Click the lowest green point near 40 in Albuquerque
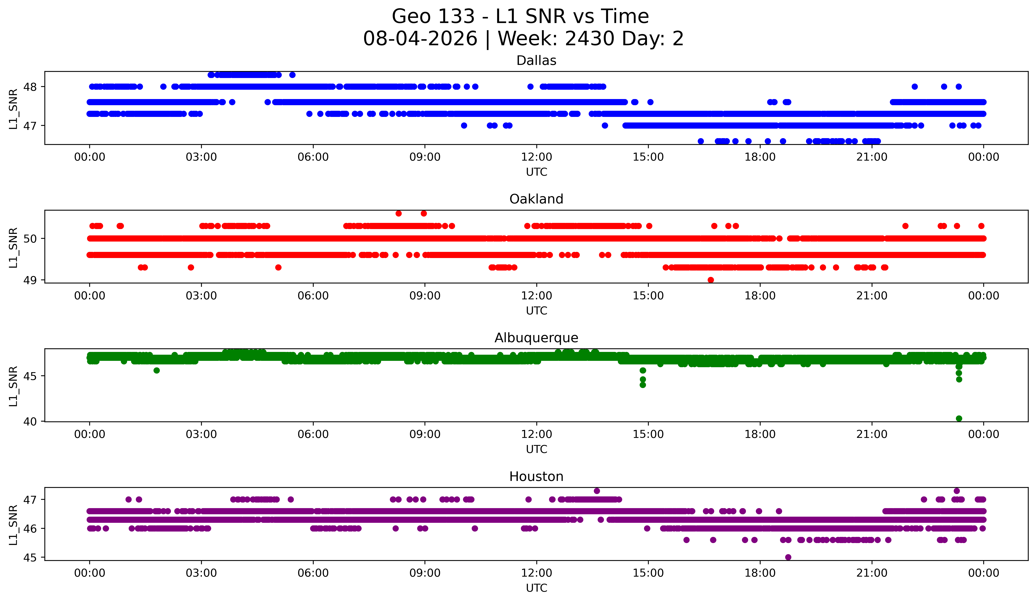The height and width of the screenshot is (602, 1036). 959,418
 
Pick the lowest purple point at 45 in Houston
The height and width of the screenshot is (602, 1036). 788,557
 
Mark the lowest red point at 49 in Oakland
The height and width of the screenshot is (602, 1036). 711,280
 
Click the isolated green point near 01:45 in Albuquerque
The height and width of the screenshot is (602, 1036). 157,370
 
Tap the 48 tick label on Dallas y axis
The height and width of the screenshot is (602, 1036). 30,87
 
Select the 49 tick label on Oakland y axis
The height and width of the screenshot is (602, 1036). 30,280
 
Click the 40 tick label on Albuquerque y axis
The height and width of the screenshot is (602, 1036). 30,421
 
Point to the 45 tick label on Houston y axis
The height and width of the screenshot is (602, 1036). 30,558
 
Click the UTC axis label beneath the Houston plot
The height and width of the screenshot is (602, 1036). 537,588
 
